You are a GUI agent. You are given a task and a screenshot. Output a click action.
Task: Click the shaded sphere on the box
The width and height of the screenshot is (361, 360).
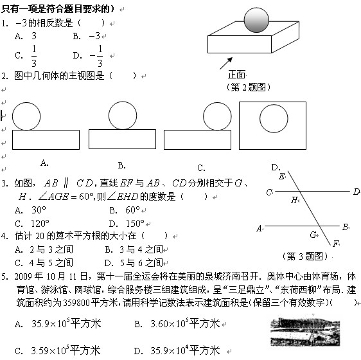[256, 20]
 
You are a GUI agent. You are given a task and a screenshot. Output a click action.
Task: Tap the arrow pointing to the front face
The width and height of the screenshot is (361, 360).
[226, 64]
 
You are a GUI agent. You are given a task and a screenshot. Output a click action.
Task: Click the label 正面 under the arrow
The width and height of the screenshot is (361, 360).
[236, 75]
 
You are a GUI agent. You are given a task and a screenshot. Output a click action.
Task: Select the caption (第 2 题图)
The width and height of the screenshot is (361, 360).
[248, 87]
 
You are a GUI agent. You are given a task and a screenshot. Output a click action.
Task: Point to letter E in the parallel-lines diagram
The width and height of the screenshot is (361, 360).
[281, 176]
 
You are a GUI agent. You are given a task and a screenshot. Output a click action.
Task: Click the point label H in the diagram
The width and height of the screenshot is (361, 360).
[294, 200]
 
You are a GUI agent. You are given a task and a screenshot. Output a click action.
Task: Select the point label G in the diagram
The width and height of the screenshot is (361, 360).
[313, 235]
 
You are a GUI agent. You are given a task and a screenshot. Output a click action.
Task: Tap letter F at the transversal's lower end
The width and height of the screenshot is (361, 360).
[336, 244]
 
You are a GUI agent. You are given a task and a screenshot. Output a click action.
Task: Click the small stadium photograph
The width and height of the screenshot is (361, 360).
[305, 330]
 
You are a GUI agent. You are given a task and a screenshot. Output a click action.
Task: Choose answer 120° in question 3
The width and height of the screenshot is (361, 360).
[40, 223]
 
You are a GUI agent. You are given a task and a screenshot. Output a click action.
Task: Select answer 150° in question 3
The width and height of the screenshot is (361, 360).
[135, 223]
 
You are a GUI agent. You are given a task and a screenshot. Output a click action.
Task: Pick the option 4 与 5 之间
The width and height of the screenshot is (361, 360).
[51, 263]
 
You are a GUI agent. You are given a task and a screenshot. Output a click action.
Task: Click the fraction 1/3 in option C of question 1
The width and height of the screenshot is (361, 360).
[34, 56]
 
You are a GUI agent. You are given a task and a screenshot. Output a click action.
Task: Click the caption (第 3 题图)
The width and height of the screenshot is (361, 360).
[305, 256]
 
